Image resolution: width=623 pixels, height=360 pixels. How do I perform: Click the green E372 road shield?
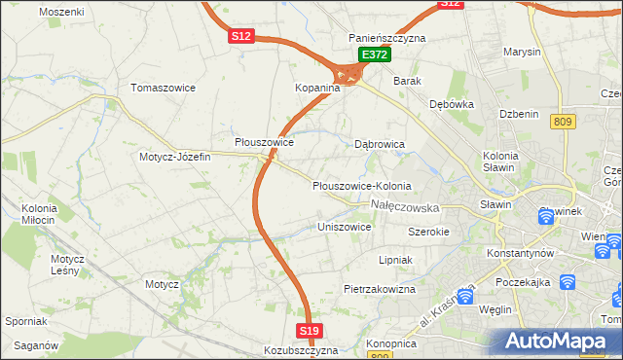pyautogui.click(x=374, y=55)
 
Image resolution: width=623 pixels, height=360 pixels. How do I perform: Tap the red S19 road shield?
pyautogui.click(x=309, y=332)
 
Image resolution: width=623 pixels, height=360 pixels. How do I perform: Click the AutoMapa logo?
pyautogui.click(x=556, y=342)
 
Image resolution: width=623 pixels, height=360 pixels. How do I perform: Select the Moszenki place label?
pyautogui.click(x=61, y=12)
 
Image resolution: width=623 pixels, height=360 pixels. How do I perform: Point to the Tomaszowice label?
pyautogui.click(x=163, y=88)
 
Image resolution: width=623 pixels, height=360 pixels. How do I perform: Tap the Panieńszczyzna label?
pyautogui.click(x=387, y=38)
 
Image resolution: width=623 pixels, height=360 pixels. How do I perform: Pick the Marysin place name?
pyautogui.click(x=521, y=52)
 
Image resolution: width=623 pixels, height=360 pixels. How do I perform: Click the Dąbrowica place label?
pyautogui.click(x=379, y=144)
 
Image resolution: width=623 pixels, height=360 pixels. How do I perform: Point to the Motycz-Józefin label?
pyautogui.click(x=174, y=157)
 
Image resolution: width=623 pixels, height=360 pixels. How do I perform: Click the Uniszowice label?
pyautogui.click(x=345, y=227)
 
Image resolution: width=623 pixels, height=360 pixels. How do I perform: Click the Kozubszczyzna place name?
pyautogui.click(x=300, y=350)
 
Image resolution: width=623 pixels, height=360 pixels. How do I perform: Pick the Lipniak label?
pyautogui.click(x=396, y=261)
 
